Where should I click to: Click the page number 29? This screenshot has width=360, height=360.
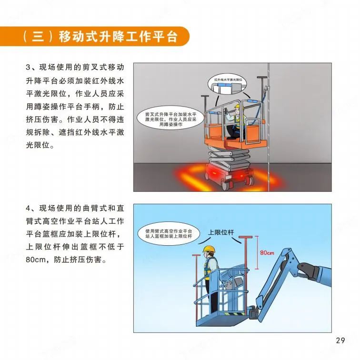[340, 340]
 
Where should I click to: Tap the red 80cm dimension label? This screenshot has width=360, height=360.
[267, 253]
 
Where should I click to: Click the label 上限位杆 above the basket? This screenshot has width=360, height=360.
[221, 232]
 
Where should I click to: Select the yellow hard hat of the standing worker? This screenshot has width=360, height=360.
[209, 249]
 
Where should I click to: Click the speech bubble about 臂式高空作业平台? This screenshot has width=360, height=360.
[169, 233]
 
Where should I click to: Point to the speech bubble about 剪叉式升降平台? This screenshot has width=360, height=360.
[170, 118]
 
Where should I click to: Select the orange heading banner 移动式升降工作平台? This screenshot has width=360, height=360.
[95, 36]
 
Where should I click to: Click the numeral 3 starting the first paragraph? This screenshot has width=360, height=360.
[28, 68]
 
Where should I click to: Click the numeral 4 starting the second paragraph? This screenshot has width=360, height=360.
[28, 209]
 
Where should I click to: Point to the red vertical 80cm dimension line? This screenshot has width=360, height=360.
[257, 252]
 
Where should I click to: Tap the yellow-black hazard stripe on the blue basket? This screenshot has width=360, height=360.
[232, 314]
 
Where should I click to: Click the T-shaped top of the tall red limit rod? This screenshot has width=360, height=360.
[245, 237]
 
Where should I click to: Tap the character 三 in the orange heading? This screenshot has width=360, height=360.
[38, 37]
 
